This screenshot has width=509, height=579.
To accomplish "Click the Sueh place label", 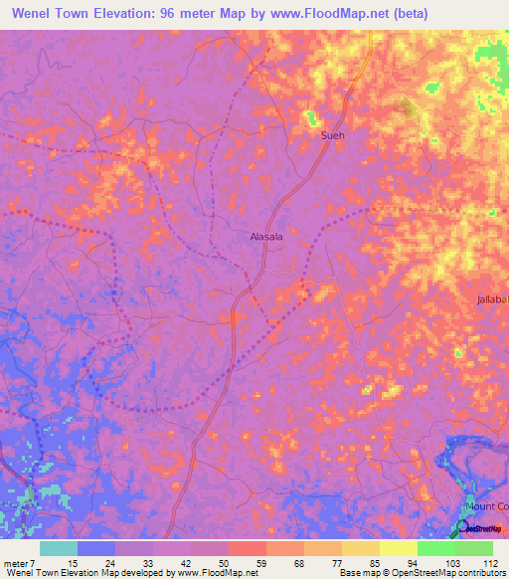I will click(331, 136).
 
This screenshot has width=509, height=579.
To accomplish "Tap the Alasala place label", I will click(265, 237).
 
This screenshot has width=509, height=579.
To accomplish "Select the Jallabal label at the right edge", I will click(491, 299).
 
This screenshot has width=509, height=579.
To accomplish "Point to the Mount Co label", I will click(487, 505).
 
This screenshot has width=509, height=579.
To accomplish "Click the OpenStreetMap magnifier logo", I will click(463, 525).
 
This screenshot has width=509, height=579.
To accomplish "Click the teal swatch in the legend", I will click(58, 548).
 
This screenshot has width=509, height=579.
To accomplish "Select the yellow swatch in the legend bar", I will click(398, 548).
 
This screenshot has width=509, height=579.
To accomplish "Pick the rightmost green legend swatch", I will click(473, 548).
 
